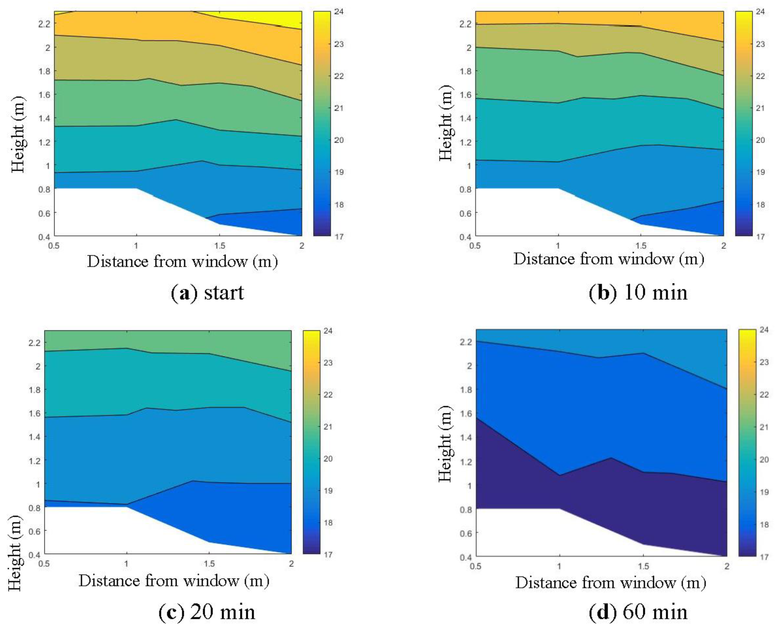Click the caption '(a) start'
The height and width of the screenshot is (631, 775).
[x=207, y=293]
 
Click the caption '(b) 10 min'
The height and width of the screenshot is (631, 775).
[x=638, y=293]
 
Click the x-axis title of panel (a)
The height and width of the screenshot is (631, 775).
[x=182, y=261]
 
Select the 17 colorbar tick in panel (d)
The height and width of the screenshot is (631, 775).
[x=764, y=557]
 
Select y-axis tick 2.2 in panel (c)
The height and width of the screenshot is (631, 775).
[x=34, y=343]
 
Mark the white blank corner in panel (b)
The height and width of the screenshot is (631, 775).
[x=509, y=214]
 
